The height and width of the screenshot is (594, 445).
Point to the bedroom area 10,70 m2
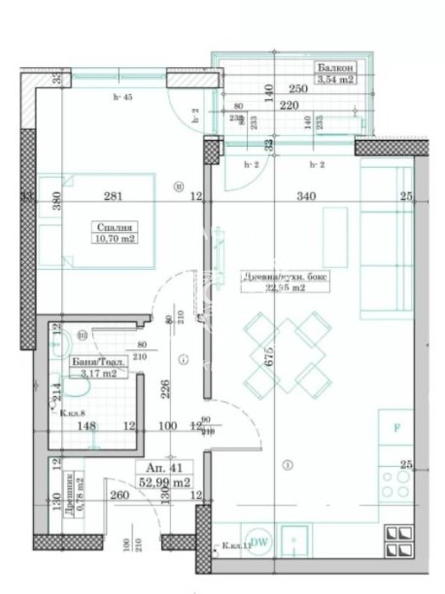pyautogui.click(x=115, y=239)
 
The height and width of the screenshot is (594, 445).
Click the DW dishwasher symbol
pyautogui.click(x=259, y=543)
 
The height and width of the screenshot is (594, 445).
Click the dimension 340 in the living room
pyautogui.click(x=306, y=198)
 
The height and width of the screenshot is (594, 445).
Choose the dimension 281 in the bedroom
pyautogui.click(x=114, y=198)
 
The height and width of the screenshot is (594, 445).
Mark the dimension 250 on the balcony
pyautogui.click(x=298, y=89)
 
